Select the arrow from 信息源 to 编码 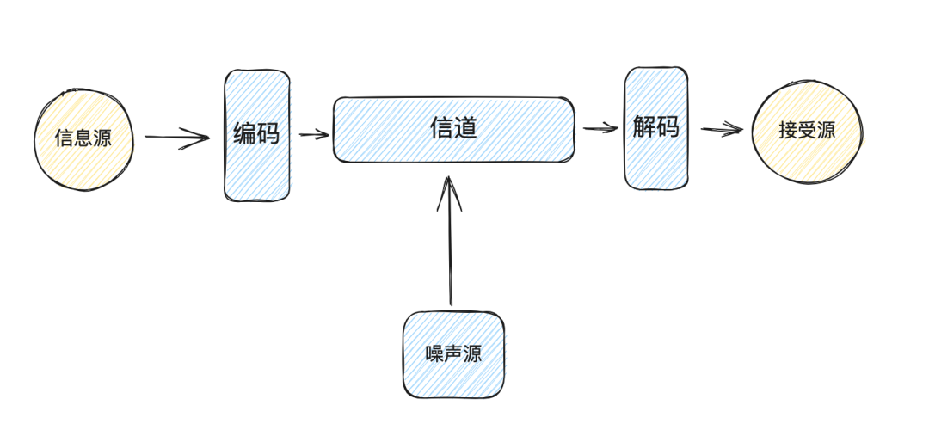coord(176,137)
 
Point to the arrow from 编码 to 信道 coord(314,134)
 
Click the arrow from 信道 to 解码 coord(600,129)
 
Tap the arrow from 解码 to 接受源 coord(721,130)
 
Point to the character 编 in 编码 coord(245,134)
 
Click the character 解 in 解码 coord(644,127)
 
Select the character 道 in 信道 coord(465,129)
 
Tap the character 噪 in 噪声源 coord(435,354)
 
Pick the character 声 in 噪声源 coord(454,354)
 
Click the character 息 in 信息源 coord(83,138)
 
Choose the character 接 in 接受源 coord(788,131)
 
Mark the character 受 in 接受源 coord(807,131)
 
